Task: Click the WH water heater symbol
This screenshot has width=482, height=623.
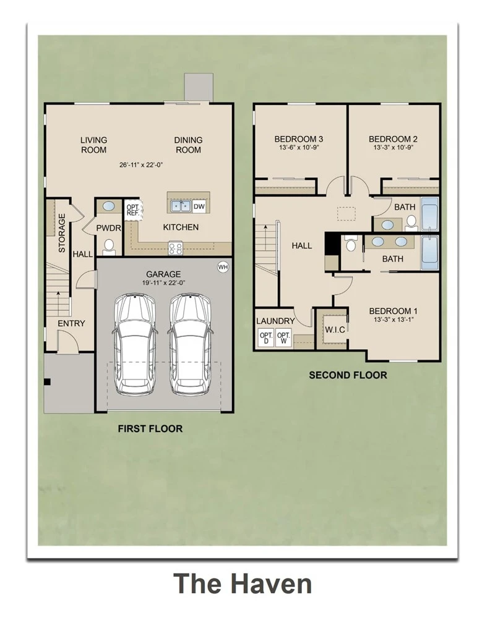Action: point(223,267)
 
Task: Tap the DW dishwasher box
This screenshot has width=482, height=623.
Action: point(199,206)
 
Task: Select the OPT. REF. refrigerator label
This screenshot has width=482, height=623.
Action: point(133,210)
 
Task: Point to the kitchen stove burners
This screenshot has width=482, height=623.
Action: point(175,248)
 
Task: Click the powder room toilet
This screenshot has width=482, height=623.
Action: point(108,247)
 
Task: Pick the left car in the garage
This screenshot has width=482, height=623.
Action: point(134,344)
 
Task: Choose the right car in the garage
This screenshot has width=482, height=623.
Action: point(190,344)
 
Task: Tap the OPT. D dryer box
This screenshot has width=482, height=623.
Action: point(266,338)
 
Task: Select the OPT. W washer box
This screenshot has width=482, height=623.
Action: point(283,338)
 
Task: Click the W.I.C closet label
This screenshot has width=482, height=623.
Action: point(335,329)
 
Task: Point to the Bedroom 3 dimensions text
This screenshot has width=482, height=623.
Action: point(298,147)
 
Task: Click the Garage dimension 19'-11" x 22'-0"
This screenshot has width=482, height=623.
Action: point(164,283)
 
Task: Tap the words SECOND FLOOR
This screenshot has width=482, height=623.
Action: point(348,375)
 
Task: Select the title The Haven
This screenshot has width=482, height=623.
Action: point(243,584)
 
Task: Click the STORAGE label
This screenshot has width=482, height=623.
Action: point(62,233)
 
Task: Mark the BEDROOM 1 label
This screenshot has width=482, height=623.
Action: point(393,311)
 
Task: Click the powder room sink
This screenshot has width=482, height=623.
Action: point(108,206)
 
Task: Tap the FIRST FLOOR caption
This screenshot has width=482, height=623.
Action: point(150,429)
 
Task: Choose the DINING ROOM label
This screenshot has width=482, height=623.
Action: point(189,145)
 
